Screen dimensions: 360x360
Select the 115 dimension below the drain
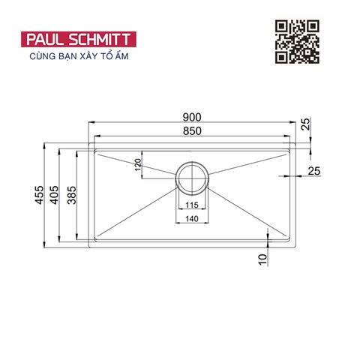[x=193, y=205]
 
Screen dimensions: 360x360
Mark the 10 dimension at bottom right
[x=262, y=259]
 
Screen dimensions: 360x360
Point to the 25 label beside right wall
[x=313, y=172]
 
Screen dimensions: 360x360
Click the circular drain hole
[x=193, y=177]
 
